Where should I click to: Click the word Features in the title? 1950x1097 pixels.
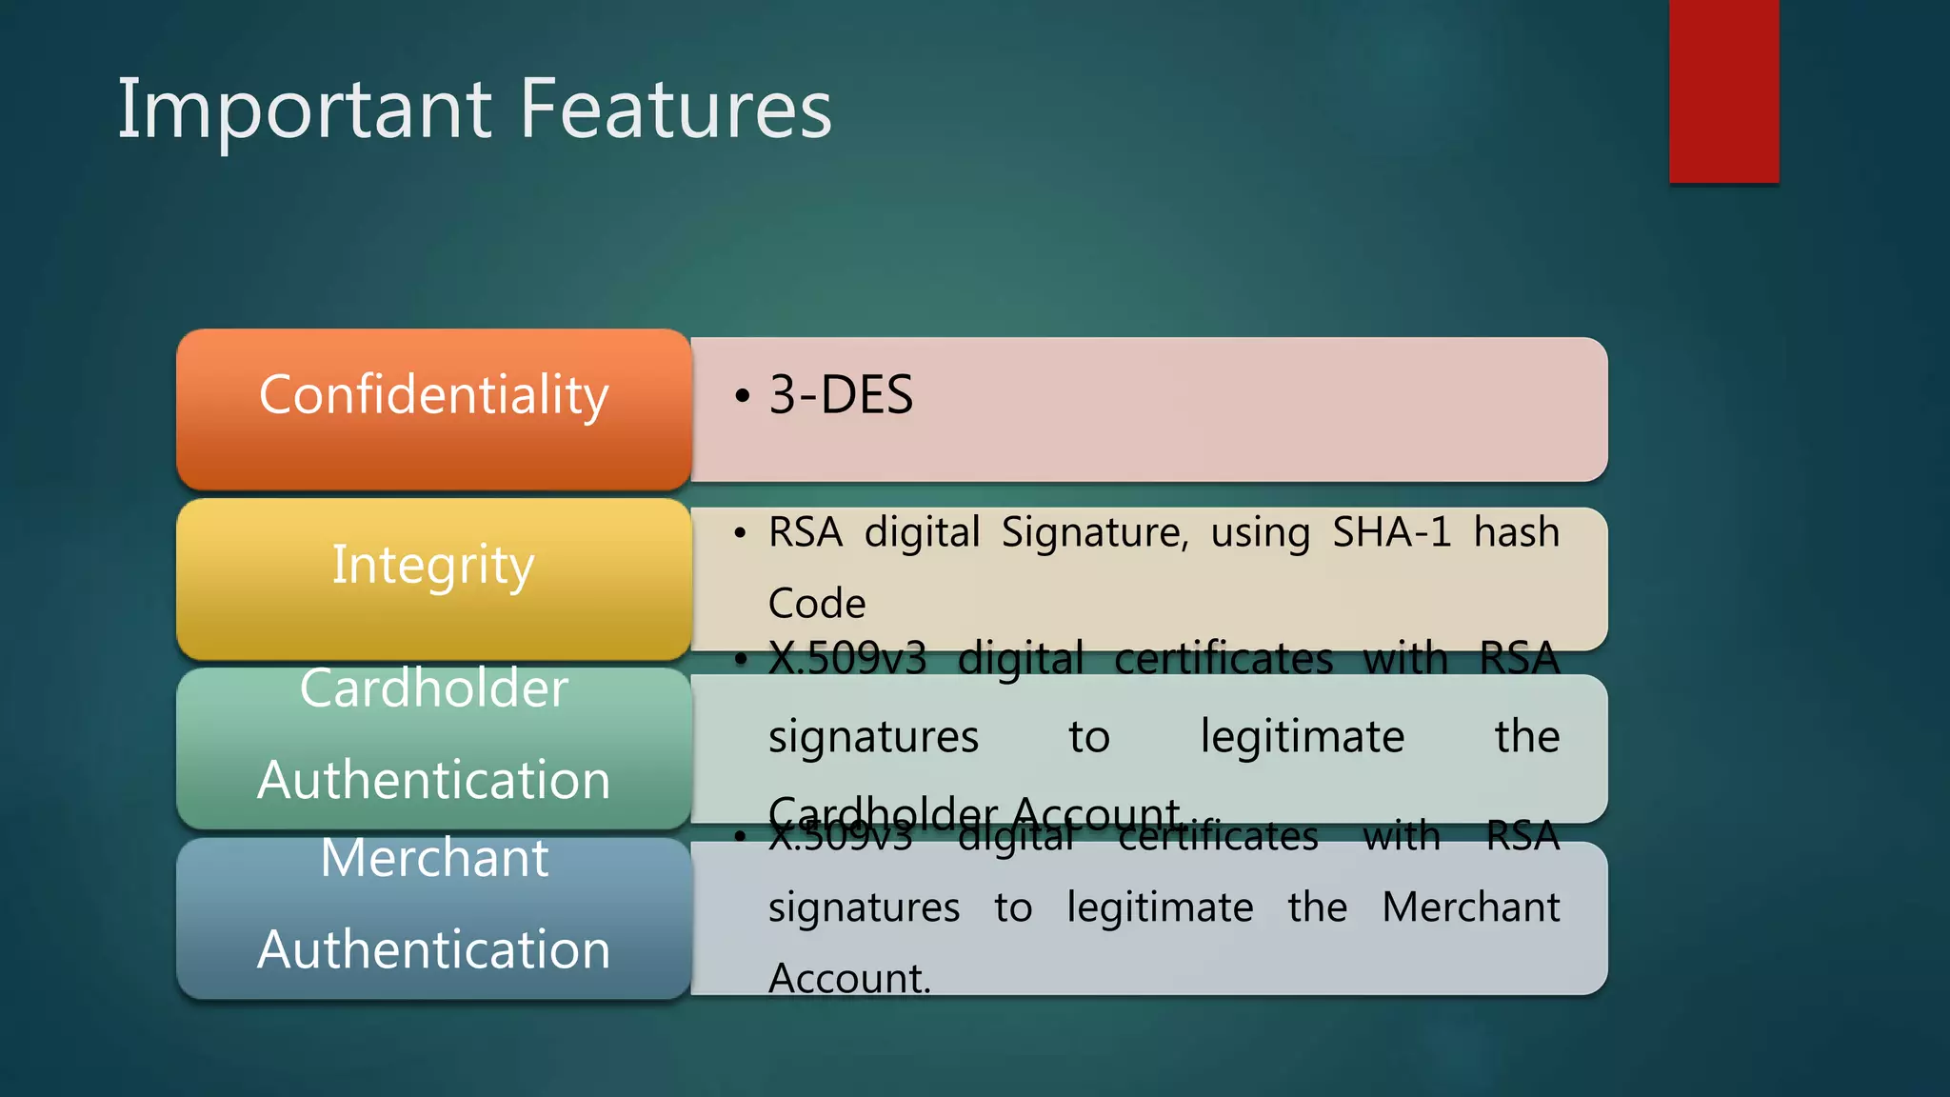point(676,110)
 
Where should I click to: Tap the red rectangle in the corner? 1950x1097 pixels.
point(1723,90)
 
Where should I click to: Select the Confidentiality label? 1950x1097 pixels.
point(433,395)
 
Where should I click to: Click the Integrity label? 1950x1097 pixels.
point(433,565)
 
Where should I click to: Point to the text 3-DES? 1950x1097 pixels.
point(841,395)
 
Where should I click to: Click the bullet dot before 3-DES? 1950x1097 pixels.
point(742,396)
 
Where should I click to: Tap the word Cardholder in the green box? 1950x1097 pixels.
point(433,688)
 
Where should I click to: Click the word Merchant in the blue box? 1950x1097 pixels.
point(434,858)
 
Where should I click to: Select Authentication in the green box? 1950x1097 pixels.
point(433,780)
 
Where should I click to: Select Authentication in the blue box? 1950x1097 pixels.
point(433,949)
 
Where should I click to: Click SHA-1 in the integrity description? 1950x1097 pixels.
point(1391,532)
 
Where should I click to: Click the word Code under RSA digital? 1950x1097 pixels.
point(817,604)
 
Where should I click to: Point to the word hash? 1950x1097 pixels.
point(1516,532)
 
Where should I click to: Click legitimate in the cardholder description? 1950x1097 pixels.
point(1302,737)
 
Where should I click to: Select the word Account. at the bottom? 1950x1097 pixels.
point(849,979)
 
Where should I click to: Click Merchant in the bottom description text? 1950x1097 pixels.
point(1470,908)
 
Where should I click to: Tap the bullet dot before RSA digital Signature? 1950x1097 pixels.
point(740,533)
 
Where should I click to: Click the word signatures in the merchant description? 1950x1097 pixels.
point(864,908)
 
